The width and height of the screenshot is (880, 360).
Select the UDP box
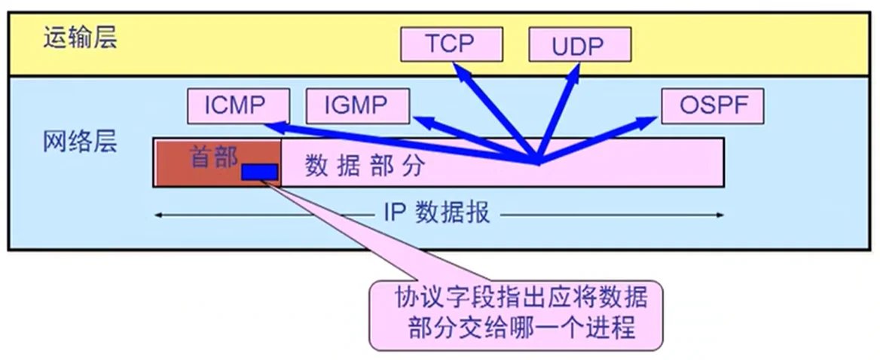(x=578, y=45)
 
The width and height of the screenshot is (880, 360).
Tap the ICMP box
(x=234, y=105)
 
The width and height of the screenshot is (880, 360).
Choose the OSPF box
(x=712, y=105)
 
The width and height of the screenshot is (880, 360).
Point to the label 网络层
(x=80, y=141)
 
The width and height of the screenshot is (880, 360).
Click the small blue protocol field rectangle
(x=259, y=172)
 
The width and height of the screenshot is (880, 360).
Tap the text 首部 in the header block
(x=213, y=157)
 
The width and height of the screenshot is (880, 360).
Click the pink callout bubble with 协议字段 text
(x=516, y=315)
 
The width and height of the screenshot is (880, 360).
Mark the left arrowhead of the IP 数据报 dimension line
(x=158, y=215)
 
